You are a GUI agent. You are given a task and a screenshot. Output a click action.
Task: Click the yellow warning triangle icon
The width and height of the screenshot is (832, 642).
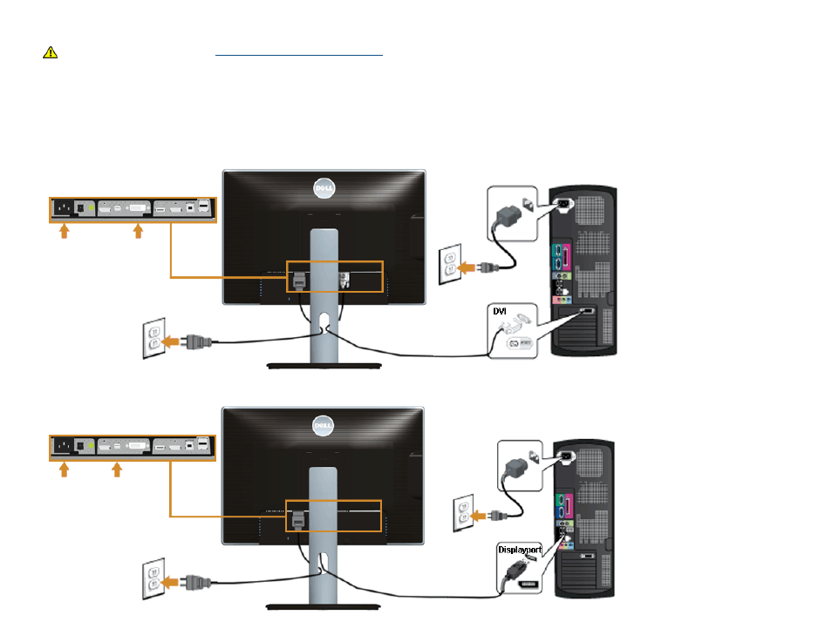pyautogui.click(x=51, y=52)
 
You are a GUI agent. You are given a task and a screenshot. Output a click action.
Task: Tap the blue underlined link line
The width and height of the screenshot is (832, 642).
pyautogui.click(x=299, y=55)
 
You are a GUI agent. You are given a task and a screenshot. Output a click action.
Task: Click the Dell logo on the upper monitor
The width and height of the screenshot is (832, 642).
pyautogui.click(x=324, y=188)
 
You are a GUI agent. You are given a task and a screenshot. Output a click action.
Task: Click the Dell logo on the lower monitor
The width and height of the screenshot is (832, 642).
pyautogui.click(x=324, y=426)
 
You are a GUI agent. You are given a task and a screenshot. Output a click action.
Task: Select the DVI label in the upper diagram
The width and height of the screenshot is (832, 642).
pyautogui.click(x=500, y=311)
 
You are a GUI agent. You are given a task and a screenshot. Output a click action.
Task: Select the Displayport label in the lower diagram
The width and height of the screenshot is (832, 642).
pyautogui.click(x=520, y=550)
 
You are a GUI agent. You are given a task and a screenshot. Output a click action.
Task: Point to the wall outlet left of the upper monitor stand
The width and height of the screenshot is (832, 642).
pyautogui.click(x=153, y=338)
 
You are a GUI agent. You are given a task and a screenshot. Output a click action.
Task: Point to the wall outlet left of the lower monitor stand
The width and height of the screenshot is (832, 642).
pyautogui.click(x=153, y=578)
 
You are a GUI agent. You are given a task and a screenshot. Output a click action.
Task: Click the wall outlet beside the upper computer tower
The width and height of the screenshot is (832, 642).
pyautogui.click(x=450, y=264)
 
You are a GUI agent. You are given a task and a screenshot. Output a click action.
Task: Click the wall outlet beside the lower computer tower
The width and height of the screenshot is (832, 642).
pyautogui.click(x=463, y=513)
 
